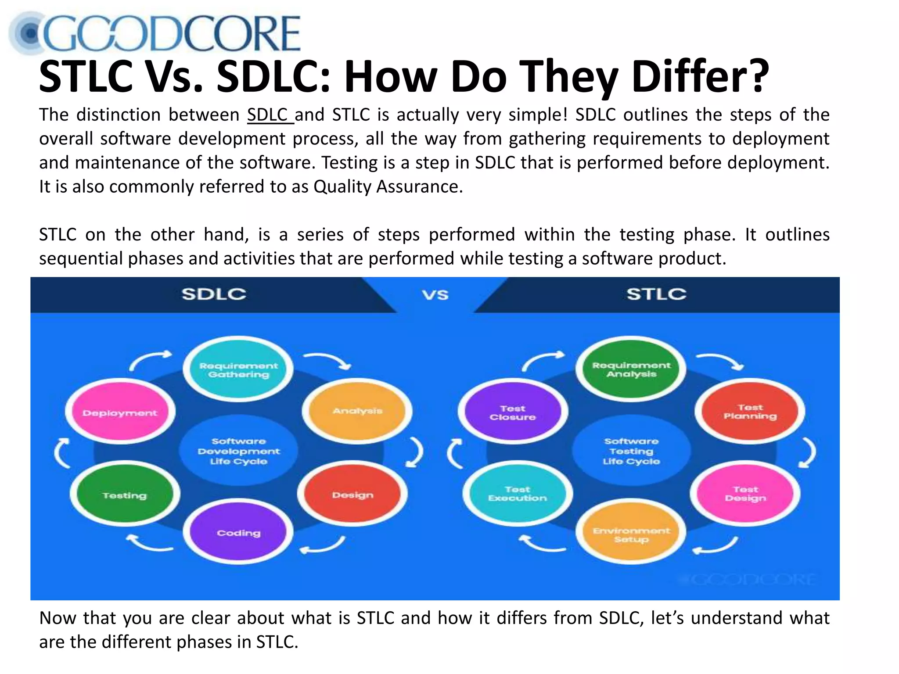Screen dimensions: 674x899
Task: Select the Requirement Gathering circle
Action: tap(238, 369)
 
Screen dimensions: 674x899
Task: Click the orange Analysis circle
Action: tap(357, 411)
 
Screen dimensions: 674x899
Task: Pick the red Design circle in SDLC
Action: tap(352, 495)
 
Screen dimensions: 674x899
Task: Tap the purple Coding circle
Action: tap(238, 533)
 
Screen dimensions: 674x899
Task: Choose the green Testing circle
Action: tap(125, 495)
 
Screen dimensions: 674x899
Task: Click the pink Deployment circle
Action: tap(120, 412)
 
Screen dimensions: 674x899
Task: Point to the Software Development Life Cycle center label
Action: tap(238, 451)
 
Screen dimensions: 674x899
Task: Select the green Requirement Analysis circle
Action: tap(631, 369)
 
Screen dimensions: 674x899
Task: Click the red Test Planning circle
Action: tap(750, 412)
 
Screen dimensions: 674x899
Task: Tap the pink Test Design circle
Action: tap(745, 493)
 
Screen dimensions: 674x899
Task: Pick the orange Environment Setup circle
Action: tap(631, 534)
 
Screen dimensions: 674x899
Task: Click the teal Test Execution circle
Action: tap(518, 493)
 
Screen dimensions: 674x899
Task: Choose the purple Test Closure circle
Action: tap(513, 412)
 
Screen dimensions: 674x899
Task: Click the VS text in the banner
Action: tap(435, 295)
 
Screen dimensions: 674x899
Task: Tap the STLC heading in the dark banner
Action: tap(656, 294)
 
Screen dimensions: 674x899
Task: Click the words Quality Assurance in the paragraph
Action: tap(388, 187)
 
